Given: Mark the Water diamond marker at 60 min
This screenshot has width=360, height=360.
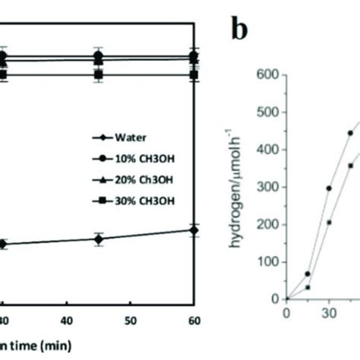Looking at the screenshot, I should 194,230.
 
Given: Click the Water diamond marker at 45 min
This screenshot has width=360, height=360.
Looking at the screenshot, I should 98,238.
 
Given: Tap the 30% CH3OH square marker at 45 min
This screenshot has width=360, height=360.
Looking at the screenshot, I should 98,74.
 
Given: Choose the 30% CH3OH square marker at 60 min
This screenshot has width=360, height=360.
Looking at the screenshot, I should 194,74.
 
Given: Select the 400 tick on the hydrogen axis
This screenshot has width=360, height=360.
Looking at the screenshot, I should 272,150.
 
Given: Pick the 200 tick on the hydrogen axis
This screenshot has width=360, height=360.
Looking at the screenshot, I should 272,225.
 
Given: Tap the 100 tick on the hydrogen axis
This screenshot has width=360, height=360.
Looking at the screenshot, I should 272,262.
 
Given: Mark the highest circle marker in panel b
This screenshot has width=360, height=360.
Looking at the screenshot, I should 350,133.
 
